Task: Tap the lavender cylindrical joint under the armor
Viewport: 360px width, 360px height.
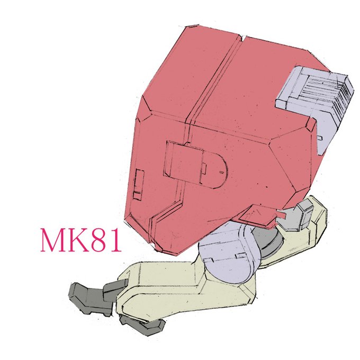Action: tap(227, 253)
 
